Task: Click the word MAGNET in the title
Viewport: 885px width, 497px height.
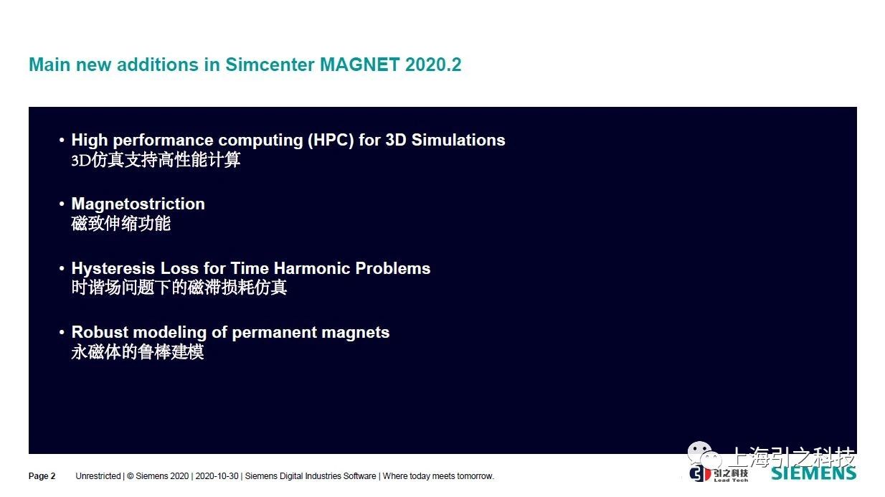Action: click(x=359, y=65)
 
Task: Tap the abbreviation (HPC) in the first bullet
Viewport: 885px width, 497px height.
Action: click(x=331, y=141)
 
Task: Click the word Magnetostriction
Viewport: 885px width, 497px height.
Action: click(x=138, y=204)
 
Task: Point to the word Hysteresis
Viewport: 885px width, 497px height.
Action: click(x=113, y=268)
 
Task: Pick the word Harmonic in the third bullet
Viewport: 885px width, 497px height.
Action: click(x=312, y=268)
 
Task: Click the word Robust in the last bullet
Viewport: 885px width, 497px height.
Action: click(x=100, y=332)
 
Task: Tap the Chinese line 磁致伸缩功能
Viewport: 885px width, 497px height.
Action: click(x=121, y=224)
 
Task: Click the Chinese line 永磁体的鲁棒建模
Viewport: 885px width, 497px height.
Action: click(x=138, y=352)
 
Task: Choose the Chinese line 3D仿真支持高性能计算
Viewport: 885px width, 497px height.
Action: click(x=156, y=160)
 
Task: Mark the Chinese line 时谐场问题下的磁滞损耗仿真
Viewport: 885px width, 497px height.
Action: click(x=179, y=288)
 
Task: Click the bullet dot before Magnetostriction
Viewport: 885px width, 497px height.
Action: click(x=62, y=204)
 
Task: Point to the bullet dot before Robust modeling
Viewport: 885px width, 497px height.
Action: click(x=62, y=333)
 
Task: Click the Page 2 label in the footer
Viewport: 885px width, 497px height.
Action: click(x=42, y=476)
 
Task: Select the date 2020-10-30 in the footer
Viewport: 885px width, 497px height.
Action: click(x=217, y=476)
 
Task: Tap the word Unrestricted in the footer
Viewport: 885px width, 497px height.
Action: click(x=98, y=476)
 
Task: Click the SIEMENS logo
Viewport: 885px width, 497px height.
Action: click(x=814, y=473)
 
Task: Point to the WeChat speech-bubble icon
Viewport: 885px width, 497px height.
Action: click(x=704, y=455)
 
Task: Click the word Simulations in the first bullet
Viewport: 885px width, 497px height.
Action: click(x=458, y=141)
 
